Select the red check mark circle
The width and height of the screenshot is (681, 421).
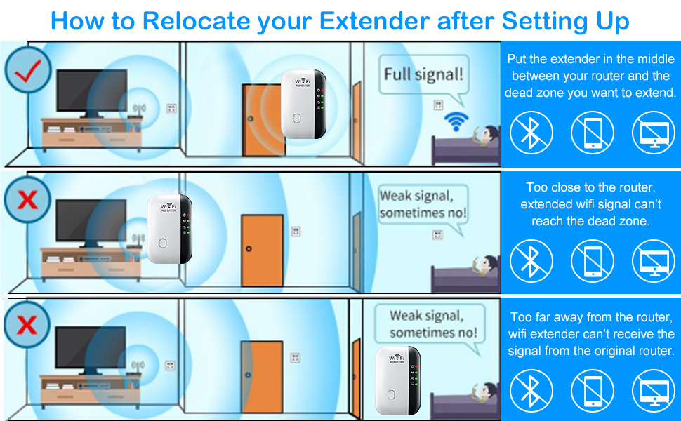click(27, 72)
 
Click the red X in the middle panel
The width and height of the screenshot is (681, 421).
click(27, 201)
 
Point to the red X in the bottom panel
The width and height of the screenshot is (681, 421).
click(27, 325)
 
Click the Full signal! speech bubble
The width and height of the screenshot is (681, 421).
click(423, 74)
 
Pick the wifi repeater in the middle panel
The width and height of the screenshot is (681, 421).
click(169, 229)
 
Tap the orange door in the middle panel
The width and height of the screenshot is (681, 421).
click(262, 250)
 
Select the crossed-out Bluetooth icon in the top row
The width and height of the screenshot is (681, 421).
click(531, 133)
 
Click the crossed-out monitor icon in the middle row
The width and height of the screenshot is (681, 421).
click(653, 260)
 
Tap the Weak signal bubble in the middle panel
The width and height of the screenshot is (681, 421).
click(423, 204)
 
